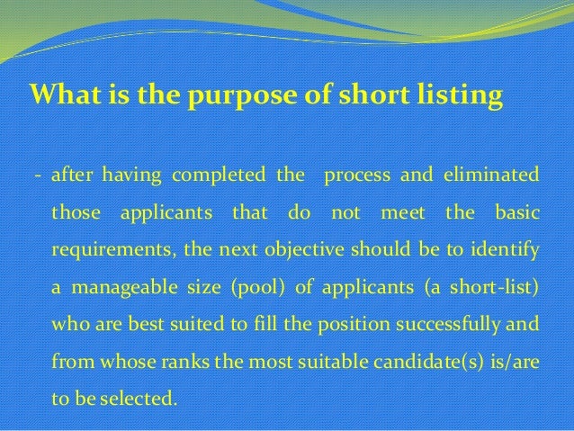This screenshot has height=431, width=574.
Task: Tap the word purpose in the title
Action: pyautogui.click(x=223, y=94)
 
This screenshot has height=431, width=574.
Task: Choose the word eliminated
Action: pyautogui.click(x=490, y=174)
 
